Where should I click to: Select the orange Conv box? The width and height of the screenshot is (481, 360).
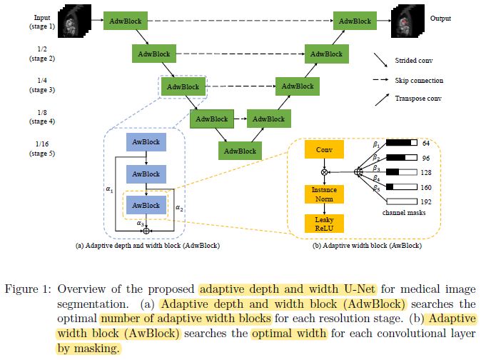click(324, 150)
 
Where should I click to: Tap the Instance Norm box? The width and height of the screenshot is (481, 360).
click(324, 194)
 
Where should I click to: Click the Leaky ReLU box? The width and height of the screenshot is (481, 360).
click(324, 222)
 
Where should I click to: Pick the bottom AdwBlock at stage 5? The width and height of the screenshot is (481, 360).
click(240, 151)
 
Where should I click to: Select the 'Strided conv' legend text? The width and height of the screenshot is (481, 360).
click(417, 61)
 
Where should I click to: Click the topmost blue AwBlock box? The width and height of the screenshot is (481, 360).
click(146, 141)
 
